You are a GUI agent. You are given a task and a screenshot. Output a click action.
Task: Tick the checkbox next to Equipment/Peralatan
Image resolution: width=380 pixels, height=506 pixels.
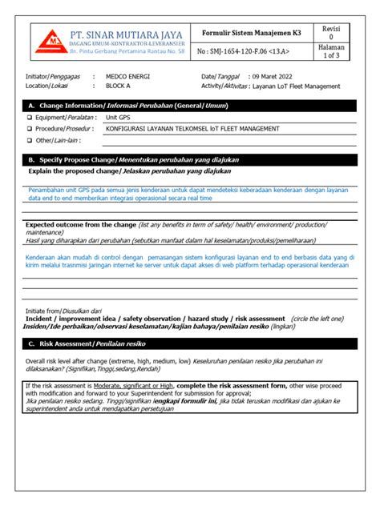(x=30, y=118)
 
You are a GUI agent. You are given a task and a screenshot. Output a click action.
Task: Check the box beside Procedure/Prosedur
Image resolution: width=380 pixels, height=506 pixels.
(x=30, y=129)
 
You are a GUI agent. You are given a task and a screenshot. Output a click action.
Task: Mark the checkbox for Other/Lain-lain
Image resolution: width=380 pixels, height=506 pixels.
(x=30, y=140)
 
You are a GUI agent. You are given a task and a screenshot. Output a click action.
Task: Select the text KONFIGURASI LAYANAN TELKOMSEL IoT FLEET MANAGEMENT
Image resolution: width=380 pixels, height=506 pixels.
(x=192, y=129)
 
